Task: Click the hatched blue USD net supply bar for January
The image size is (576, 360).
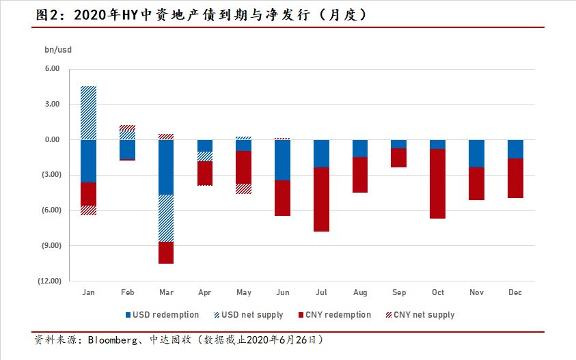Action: (88, 113)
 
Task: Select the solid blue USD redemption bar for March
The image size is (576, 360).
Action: (166, 167)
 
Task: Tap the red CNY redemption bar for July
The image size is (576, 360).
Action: (321, 199)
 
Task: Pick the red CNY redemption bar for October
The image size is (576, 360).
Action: (438, 184)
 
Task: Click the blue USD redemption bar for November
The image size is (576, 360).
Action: (477, 154)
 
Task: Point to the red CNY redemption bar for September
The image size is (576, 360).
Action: (399, 158)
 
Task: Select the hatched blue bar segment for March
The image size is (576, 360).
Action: (166, 219)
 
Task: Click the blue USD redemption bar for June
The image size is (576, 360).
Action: (282, 160)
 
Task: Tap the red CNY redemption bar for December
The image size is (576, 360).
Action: (515, 178)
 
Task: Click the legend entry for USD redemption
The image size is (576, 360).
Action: (163, 315)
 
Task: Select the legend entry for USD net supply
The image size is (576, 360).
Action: (249, 315)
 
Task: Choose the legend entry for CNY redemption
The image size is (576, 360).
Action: (334, 315)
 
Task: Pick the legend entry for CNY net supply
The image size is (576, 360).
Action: (420, 315)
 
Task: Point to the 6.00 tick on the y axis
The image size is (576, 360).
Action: (52, 69)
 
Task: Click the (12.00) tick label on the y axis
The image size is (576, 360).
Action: (49, 281)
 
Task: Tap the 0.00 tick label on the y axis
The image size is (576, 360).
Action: (52, 140)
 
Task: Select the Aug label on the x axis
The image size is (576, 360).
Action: (360, 292)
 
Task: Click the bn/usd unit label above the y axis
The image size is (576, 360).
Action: (57, 49)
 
